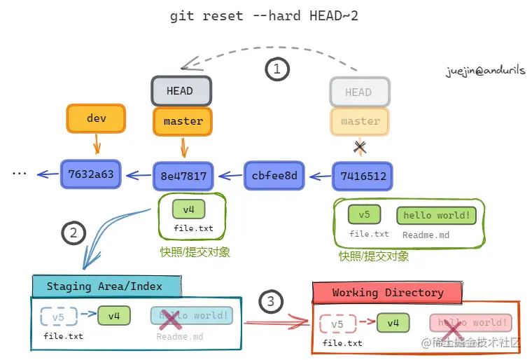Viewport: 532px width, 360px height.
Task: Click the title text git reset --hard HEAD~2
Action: tap(264, 16)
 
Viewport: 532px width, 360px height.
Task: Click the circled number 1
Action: tap(277, 69)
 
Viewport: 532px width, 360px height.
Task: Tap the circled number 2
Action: tap(73, 233)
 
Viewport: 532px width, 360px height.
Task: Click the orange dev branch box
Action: tap(96, 118)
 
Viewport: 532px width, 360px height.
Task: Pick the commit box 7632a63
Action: tap(91, 174)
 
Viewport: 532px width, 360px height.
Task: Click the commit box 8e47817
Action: tap(183, 176)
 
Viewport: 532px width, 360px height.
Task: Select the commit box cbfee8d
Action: tap(274, 175)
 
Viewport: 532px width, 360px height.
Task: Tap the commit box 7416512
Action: tap(363, 176)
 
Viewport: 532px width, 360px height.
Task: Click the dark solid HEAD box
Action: tap(181, 91)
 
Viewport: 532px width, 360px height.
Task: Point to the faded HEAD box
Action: tap(358, 92)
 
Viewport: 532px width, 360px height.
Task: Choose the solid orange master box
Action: tap(183, 121)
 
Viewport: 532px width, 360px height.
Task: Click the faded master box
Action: tap(360, 121)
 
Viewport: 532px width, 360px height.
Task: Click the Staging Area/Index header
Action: tap(105, 286)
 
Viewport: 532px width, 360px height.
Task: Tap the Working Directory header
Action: tap(387, 292)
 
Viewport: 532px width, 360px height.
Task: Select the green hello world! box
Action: tap(436, 215)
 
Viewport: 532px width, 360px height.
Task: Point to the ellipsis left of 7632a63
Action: tap(19, 173)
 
